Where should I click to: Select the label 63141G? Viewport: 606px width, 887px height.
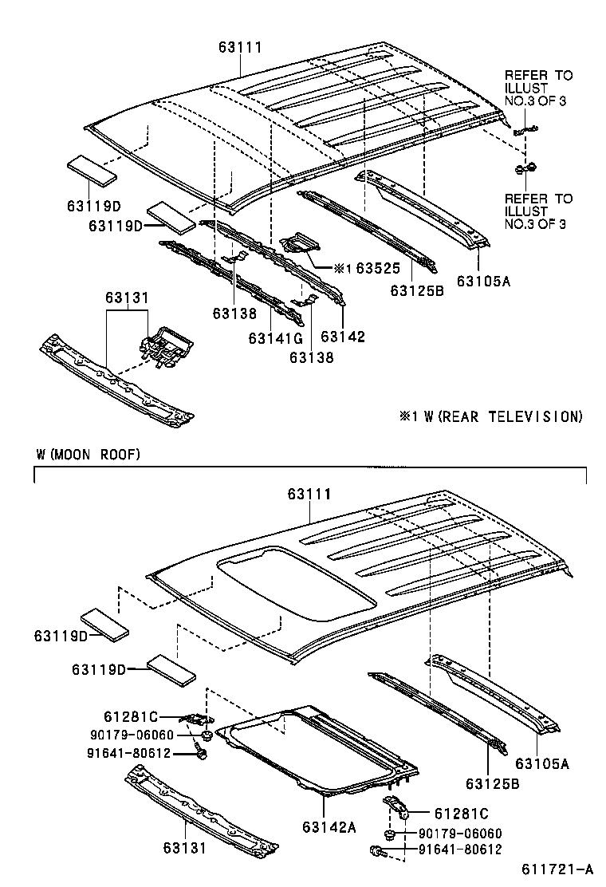tap(274, 338)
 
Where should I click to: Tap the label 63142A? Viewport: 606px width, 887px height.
tap(329, 827)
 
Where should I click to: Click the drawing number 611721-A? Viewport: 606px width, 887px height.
tap(558, 869)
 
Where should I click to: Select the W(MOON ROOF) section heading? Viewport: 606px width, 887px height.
tap(88, 455)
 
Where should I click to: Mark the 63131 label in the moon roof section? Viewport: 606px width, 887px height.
tap(184, 848)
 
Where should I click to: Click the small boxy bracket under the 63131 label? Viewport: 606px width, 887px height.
tap(168, 346)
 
